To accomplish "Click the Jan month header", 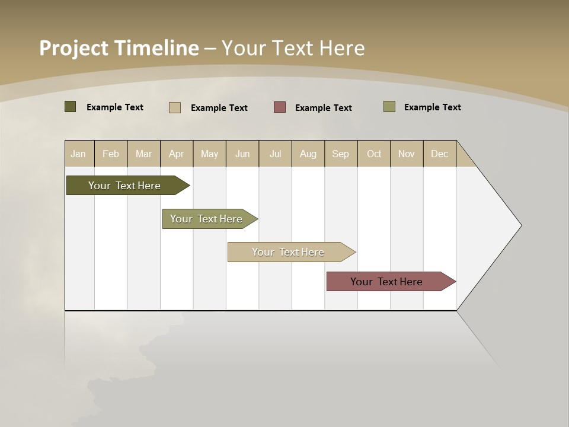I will point(78,154).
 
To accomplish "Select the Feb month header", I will point(111,154).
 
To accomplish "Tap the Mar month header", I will point(143,154).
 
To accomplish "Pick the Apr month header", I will point(177,154).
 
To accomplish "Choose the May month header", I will point(209,154).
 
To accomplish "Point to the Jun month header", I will point(242,154).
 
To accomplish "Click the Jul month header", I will point(275,154).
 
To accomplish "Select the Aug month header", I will point(308,154).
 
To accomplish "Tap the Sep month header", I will point(341,154).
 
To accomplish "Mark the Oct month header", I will point(374,154).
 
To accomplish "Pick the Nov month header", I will point(407,154).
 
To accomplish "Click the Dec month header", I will point(440,154).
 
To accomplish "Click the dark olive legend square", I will point(70,107).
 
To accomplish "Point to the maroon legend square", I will point(280,107).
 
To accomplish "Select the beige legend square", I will point(175,107).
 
